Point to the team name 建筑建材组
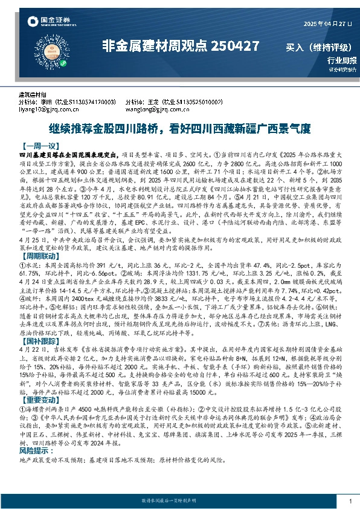click(x=33, y=96)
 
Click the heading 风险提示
click(x=35, y=451)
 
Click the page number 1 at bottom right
click(x=351, y=501)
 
